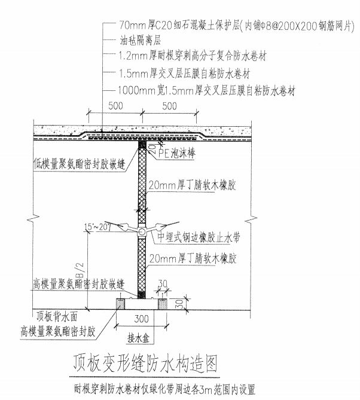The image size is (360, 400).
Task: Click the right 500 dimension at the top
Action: [x=170, y=106]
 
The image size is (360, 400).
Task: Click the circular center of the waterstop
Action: [x=142, y=231]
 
